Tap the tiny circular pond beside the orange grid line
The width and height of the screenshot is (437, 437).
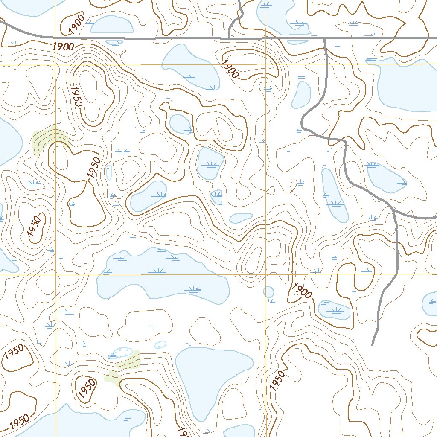(268, 292)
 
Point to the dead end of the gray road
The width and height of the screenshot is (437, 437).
(373, 344)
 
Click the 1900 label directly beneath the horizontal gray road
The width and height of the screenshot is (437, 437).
(64, 47)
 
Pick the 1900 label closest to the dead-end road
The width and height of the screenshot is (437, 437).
(303, 291)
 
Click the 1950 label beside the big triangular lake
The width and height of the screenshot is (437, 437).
(277, 379)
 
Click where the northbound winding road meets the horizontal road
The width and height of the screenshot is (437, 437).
(230, 38)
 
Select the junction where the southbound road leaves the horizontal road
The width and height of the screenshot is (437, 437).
(325, 38)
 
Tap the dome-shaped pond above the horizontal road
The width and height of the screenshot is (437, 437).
(112, 25)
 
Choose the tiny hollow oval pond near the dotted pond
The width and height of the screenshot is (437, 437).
(160, 344)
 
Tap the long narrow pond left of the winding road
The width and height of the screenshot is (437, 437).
(334, 195)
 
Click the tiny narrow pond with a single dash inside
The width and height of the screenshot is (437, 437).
(108, 172)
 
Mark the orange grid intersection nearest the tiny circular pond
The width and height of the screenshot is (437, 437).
(265, 275)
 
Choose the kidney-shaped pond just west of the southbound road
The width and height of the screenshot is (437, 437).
(302, 94)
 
